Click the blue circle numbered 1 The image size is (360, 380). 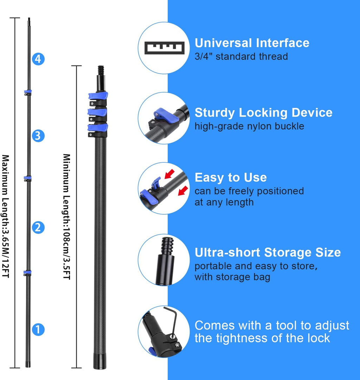click(x=38, y=329)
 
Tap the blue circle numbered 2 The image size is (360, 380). click(x=38, y=228)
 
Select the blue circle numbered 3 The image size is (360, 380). click(x=38, y=135)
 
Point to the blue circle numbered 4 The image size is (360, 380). click(x=38, y=59)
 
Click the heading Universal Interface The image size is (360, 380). click(x=252, y=43)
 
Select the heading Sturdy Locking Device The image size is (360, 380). click(x=263, y=113)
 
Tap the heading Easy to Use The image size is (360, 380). click(x=231, y=177)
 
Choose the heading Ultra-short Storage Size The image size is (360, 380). click(x=268, y=252)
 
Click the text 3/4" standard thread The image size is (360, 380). click(x=241, y=56)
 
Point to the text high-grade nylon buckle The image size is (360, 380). click(x=249, y=126)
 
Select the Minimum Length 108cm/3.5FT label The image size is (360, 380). click(x=67, y=216)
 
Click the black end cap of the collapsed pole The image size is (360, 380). click(x=100, y=362)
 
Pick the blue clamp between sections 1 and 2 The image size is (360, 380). click(x=28, y=273)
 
